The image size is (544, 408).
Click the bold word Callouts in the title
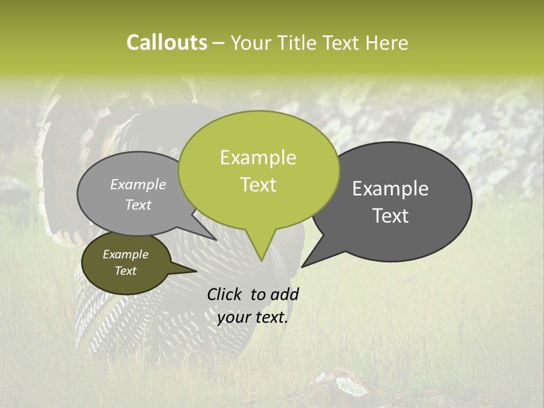[x=167, y=42]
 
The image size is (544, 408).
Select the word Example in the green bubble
[x=258, y=158]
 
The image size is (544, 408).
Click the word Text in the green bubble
[x=258, y=185]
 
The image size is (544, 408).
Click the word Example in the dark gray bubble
[x=390, y=189]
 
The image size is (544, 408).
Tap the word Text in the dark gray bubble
[x=390, y=216]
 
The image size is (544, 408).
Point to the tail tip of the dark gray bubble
[x=303, y=266]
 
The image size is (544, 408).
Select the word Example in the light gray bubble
[x=138, y=184]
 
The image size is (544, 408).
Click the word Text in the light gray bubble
[x=138, y=205]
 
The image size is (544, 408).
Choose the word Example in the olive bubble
[x=125, y=254]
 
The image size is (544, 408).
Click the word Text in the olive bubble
[x=125, y=271]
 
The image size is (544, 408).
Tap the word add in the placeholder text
[x=284, y=294]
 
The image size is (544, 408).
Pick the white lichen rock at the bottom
[x=346, y=384]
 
